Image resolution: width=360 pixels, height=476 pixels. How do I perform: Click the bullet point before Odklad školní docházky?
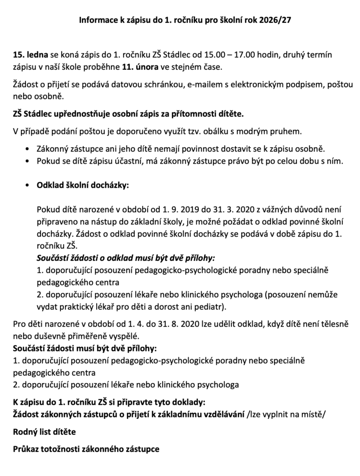tap(30, 185)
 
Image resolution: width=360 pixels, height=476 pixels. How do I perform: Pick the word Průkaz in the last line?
tap(26, 450)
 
